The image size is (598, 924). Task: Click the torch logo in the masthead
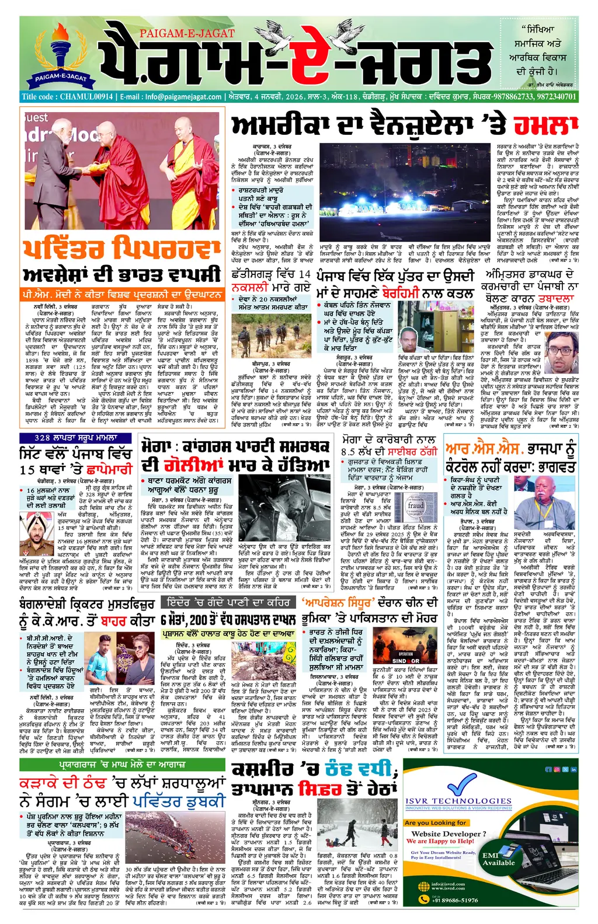59,49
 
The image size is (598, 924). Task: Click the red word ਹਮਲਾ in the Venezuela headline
546,125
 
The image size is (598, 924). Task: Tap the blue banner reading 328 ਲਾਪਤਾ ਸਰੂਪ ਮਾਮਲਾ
76,437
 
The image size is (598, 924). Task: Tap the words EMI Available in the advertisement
498,859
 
